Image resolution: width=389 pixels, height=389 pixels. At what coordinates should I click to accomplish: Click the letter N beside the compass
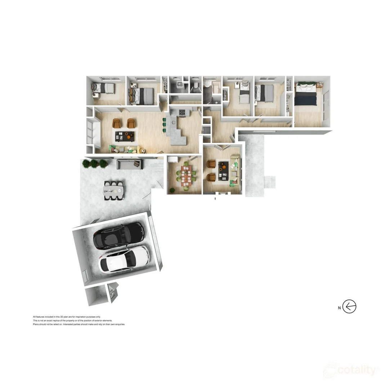point(339,308)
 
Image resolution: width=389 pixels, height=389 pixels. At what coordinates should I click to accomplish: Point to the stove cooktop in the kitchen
point(182,112)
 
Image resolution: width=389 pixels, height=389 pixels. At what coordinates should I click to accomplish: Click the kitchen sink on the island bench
point(173,123)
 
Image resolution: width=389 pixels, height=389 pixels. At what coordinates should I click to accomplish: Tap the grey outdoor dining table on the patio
point(114,189)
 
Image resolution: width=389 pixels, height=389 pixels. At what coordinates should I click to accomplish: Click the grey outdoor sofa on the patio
point(129,164)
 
